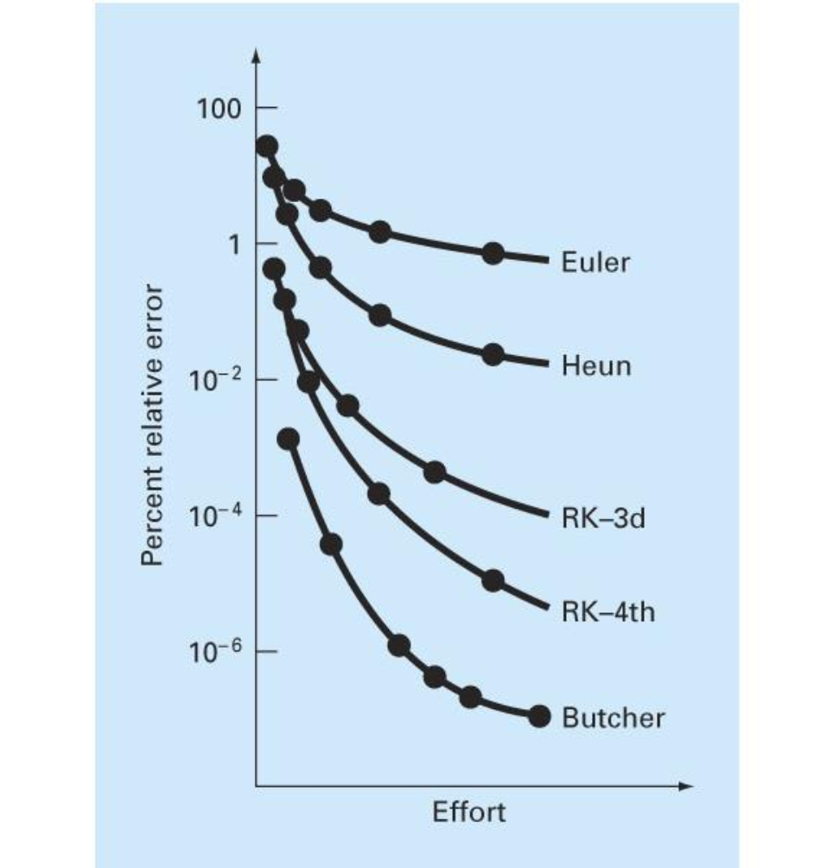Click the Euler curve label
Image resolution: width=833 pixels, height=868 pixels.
pos(595,262)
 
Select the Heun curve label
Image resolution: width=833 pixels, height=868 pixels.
pos(596,366)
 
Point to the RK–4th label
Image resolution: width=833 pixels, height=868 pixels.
pos(607,612)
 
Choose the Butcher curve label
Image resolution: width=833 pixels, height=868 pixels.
pos(614,718)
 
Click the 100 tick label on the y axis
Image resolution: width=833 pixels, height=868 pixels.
pos(219,109)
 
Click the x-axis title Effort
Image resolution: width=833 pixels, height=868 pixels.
pos(469,814)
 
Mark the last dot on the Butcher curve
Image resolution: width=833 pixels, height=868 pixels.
pos(540,716)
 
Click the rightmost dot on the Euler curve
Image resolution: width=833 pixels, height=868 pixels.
pos(493,253)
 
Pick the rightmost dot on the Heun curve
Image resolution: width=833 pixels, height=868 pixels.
pos(493,354)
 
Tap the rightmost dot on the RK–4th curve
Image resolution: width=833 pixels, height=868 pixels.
pos(493,580)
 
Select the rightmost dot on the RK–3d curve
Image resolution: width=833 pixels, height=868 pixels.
pos(435,472)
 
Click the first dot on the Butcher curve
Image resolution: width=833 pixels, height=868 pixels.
pos(289,439)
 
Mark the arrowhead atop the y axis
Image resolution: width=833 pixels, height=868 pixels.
pos(256,55)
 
